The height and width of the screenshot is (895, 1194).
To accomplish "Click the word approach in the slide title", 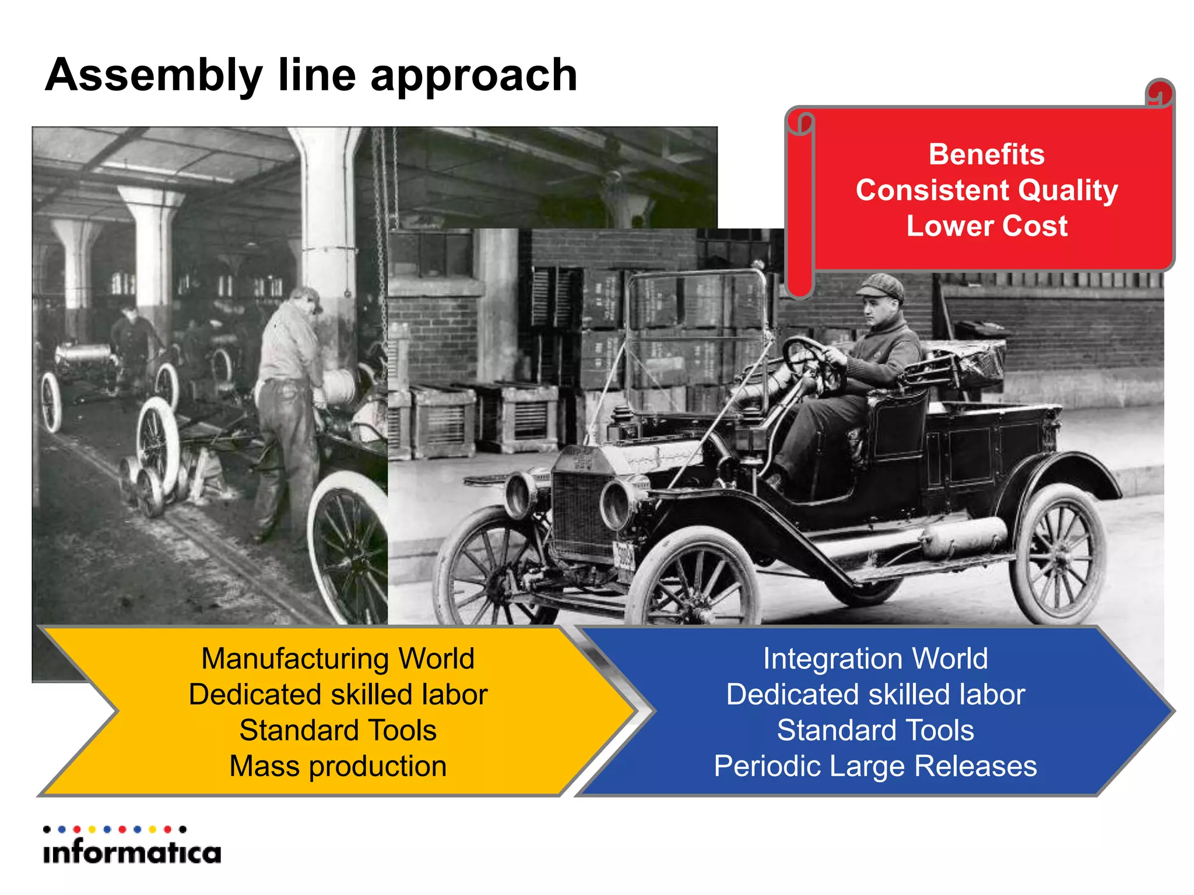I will tap(473, 76).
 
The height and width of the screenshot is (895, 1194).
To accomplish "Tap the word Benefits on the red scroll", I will tap(986, 154).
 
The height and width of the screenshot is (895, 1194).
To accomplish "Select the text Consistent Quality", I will tap(986, 190).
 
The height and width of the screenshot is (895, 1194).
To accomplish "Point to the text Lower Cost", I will tap(986, 226).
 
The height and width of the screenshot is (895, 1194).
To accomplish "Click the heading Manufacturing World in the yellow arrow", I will tap(338, 659).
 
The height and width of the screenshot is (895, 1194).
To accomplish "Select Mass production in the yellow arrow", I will tap(338, 766).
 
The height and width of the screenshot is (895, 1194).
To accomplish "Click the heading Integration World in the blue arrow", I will tap(875, 659).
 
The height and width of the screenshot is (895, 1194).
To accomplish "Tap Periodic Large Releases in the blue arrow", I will tap(875, 766).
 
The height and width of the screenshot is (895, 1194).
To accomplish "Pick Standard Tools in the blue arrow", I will tap(875, 730).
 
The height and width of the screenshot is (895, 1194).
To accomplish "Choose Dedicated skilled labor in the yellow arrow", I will tap(338, 695).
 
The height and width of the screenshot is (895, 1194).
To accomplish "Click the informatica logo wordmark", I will tap(132, 852).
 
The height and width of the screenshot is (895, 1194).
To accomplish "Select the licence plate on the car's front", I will tap(623, 556).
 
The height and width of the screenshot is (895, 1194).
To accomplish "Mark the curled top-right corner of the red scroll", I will tap(1160, 93).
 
